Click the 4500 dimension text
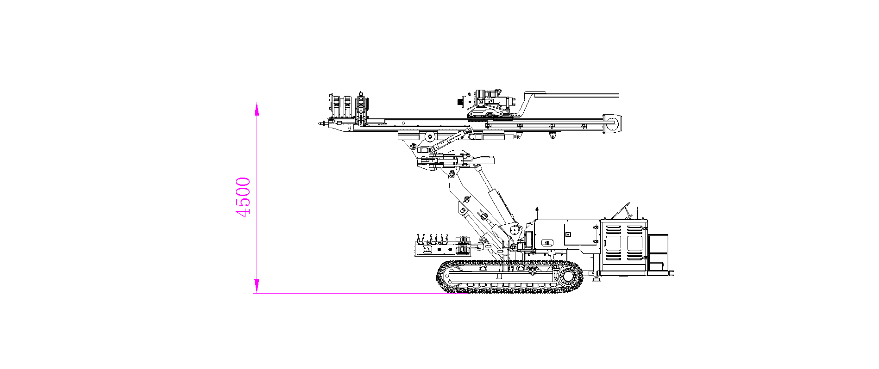pos(243,197)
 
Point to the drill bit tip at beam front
pos(320,123)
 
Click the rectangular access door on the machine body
pos(581,234)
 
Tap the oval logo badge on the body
pos(547,242)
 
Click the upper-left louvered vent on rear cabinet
pos(613,230)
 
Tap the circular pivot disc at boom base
pos(514,230)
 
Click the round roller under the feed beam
pos(430,136)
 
